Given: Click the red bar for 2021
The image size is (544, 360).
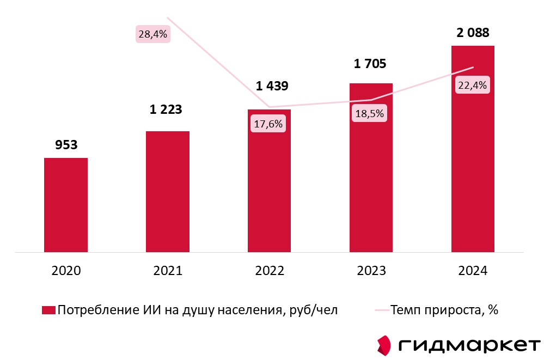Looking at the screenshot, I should coord(168,192).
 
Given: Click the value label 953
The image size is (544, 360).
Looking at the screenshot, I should coord(66,145).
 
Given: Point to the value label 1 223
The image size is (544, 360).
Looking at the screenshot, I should coord(166,109).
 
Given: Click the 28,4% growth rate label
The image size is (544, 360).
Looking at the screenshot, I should coord(154,34).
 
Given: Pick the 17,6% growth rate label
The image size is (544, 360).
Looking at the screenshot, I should coord(268,124).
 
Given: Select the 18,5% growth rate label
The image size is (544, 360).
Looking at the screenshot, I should coord(370,114).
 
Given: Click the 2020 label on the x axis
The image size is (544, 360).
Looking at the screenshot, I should coord(66,271).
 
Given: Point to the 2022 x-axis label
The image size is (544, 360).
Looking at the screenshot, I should coord(269,271).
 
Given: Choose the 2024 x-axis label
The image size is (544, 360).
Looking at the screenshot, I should coord(473,271).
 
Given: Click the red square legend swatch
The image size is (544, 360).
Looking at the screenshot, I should coord(48,310).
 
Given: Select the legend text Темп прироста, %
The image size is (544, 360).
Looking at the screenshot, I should coord(444,310).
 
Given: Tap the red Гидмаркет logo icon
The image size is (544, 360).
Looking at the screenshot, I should coord(384,345).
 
